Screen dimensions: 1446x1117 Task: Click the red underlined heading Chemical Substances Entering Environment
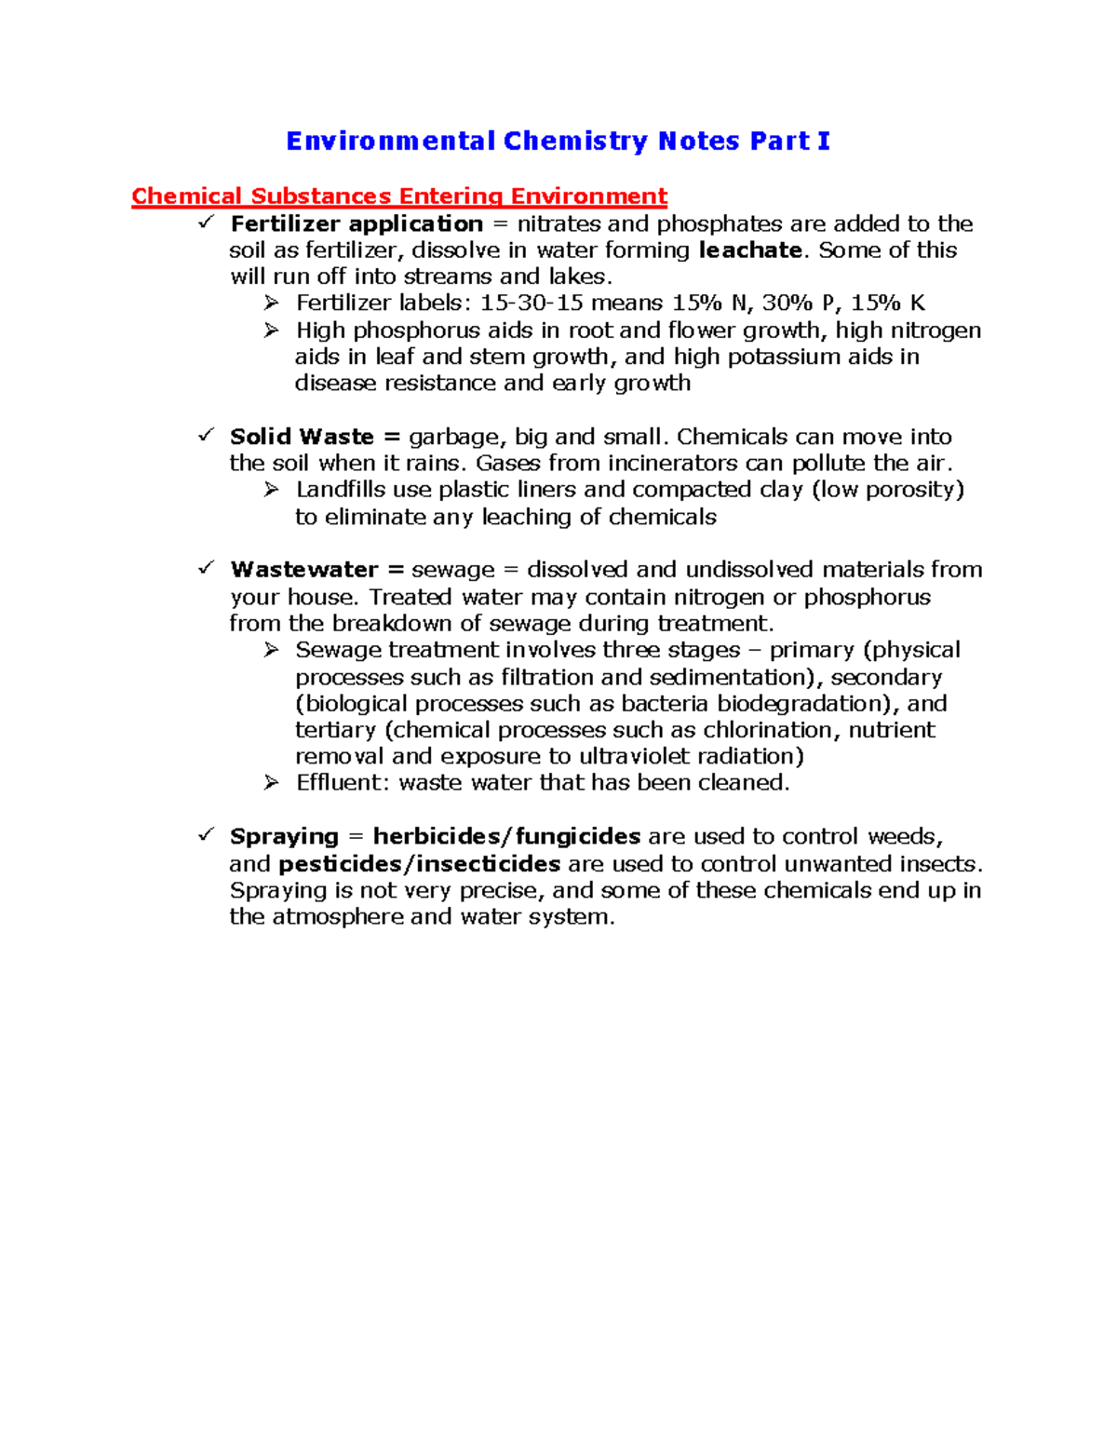[399, 196]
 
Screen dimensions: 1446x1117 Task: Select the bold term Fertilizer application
[357, 224]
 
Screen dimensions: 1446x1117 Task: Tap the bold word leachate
[749, 250]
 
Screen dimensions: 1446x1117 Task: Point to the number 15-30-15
[532, 304]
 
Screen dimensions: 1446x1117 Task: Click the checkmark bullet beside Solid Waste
[207, 435]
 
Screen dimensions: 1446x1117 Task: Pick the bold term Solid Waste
[302, 437]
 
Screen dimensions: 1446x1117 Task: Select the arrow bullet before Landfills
[271, 490]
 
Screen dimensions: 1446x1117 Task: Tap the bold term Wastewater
[303, 570]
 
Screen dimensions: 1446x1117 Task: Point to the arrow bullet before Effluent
[271, 783]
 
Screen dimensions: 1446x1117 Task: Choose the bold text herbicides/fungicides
[506, 837]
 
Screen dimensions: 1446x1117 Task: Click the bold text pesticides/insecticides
[419, 864]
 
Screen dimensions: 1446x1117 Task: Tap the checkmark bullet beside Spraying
[207, 834]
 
